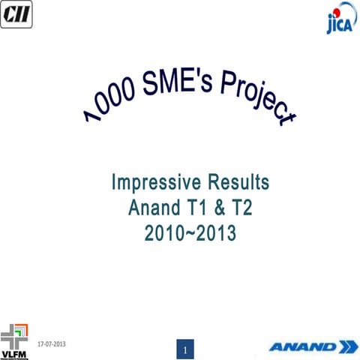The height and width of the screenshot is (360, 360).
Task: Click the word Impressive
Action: click(154, 182)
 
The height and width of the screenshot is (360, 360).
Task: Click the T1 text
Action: click(202, 208)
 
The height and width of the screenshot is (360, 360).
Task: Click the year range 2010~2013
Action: click(190, 234)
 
